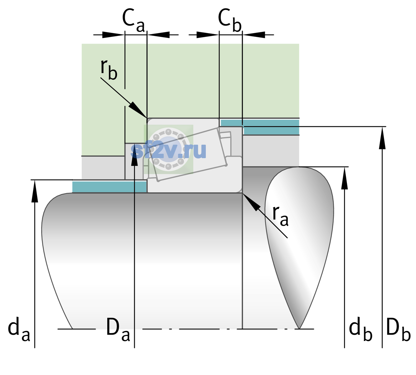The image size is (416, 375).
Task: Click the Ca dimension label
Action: click(133, 20)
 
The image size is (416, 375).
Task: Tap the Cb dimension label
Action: click(230, 20)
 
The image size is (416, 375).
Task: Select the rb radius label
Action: click(109, 69)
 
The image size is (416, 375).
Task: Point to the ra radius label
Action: click(280, 216)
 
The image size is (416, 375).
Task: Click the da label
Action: click(19, 328)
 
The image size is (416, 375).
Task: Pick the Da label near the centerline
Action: click(118, 328)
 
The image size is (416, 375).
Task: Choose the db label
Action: click(361, 328)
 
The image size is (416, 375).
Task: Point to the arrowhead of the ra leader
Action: click(251, 202)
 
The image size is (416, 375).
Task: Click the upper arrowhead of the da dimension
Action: click(35, 191)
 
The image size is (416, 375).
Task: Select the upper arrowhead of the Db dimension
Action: click(382, 137)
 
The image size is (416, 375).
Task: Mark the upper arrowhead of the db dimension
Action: click(344, 178)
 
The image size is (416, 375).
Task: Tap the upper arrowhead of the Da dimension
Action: click(134, 154)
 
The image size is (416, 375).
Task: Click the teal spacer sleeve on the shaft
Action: click(109, 187)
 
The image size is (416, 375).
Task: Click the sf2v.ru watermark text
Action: click(168, 151)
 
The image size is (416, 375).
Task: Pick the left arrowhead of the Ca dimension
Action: click(113, 35)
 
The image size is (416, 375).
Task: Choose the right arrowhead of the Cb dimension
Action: click(254, 35)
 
